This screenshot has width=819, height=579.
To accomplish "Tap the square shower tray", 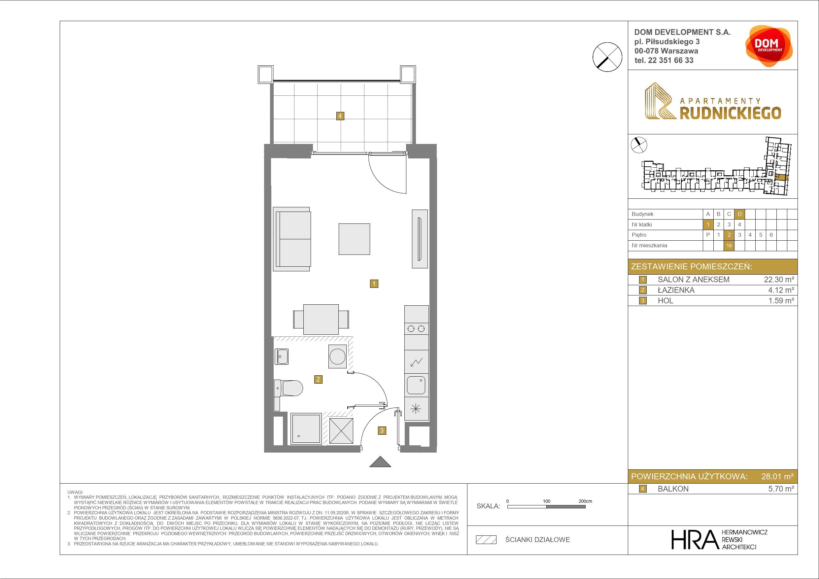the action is pos(306,428).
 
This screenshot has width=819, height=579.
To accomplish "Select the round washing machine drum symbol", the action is pos(337,357).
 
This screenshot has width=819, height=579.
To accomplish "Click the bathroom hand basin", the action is pos(282,357).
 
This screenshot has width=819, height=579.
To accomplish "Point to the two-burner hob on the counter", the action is pos(416,328).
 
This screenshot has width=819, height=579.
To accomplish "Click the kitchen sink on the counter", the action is pos(416,385).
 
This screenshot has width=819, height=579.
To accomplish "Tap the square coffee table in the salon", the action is pos(354,239).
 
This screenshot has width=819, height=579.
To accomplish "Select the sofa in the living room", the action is pos(292,239).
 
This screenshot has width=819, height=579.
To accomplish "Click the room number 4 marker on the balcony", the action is pos(340,116).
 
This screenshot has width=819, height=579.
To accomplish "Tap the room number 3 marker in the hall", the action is pos(382,430).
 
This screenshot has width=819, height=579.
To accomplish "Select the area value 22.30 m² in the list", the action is pos(779,280).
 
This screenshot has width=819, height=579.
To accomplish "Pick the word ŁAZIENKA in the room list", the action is pos(676,290).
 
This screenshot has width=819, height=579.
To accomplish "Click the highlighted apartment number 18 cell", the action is pos(729,246).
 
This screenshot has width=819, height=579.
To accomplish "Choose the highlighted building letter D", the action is pos(739,214).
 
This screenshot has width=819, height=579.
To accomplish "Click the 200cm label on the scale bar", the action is pos(585,501).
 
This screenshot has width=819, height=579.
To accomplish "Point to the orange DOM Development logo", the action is pos(769,46).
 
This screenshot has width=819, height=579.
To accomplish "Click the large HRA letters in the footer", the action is pos(695,539).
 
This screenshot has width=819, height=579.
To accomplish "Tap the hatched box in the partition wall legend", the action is pos(486,540).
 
